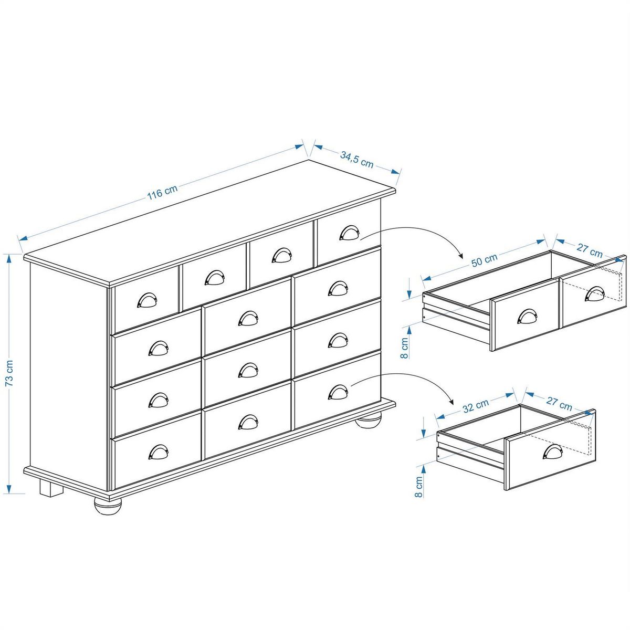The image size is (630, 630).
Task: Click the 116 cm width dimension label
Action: pos(162,192)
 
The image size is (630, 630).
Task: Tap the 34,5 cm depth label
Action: pos(356,159)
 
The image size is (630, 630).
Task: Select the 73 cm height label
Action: pos(9,373)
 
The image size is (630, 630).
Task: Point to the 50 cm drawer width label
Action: pos(484,260)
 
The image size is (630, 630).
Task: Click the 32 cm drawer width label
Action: pos(476,406)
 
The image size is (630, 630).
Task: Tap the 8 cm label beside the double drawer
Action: pos(404,348)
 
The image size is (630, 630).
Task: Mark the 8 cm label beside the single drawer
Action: pos(418,487)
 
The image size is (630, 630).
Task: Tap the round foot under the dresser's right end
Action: pos(369,421)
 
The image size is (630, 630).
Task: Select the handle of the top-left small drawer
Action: pos(147,300)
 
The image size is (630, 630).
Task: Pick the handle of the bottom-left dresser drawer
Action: pos(158,452)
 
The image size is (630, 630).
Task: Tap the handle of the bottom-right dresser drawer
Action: pos(338,392)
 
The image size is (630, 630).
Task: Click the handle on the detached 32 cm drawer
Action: pos(553,451)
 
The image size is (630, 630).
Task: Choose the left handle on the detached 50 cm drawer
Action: pos(527,317)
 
